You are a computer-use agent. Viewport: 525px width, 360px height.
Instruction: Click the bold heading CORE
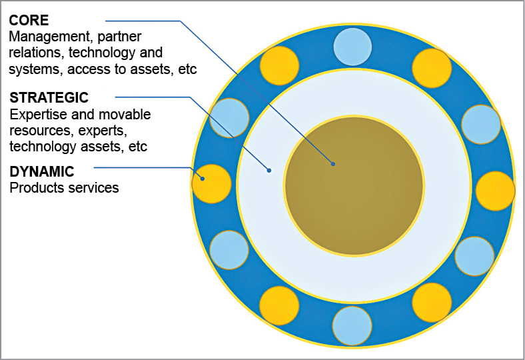click(x=29, y=21)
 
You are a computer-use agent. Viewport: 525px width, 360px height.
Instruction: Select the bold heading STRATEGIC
click(x=49, y=98)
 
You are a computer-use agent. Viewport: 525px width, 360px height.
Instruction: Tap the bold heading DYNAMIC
click(x=42, y=172)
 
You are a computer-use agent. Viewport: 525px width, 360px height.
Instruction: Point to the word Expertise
click(x=39, y=115)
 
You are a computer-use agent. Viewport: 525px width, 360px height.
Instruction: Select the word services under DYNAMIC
click(x=93, y=188)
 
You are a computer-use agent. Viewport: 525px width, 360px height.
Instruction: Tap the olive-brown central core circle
click(x=354, y=186)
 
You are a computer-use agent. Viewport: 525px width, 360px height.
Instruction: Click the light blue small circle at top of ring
click(x=352, y=47)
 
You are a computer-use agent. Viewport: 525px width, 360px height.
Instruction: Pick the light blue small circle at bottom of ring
click(x=352, y=326)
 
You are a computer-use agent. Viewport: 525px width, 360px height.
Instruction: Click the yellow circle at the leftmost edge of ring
click(x=212, y=184)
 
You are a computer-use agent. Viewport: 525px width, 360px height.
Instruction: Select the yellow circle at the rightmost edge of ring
click(x=495, y=191)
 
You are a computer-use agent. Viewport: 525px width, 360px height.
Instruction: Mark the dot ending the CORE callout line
click(x=333, y=164)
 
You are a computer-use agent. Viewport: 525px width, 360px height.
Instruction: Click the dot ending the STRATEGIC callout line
click(x=269, y=171)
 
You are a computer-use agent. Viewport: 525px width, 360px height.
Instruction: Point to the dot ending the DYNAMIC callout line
click(x=203, y=179)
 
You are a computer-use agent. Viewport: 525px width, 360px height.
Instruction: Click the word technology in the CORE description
click(x=100, y=53)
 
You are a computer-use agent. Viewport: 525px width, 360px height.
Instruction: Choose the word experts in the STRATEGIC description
click(x=103, y=131)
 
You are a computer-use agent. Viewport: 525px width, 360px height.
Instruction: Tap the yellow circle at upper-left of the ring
click(x=280, y=65)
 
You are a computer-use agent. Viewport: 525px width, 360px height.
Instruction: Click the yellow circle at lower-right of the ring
click(x=432, y=303)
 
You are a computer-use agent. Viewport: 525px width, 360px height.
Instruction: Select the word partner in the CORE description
click(x=119, y=37)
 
